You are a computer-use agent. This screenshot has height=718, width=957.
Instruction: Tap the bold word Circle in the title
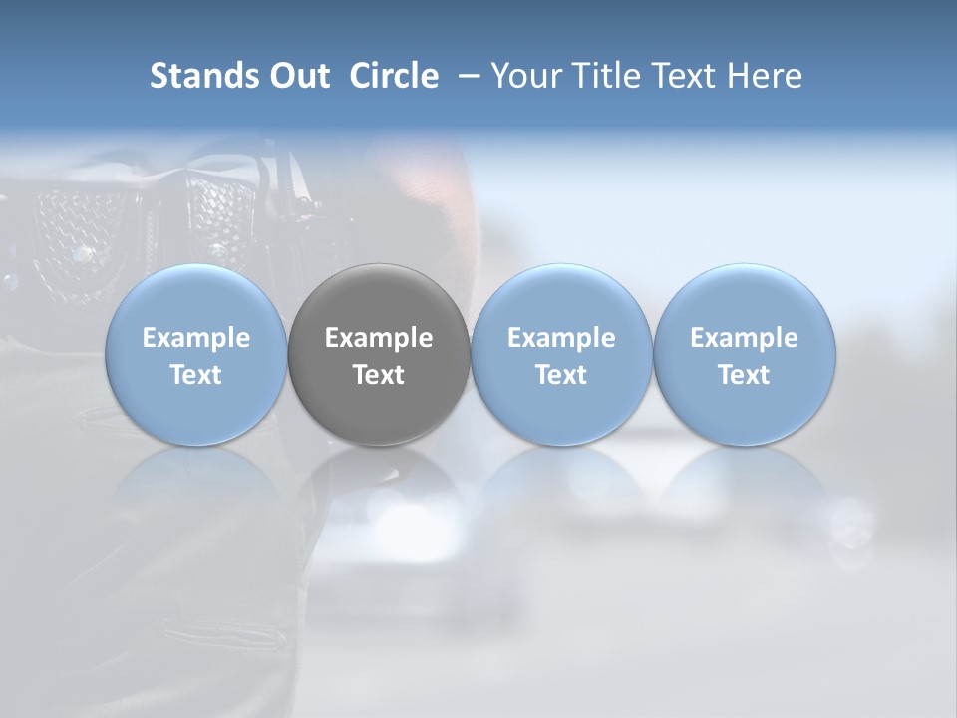394,76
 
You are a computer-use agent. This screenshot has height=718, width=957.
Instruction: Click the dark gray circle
379,354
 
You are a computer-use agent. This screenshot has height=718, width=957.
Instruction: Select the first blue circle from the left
196,354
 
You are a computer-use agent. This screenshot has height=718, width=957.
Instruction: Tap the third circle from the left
561,354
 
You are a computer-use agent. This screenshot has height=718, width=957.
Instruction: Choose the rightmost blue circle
744,354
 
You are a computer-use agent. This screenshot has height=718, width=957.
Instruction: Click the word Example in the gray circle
379,338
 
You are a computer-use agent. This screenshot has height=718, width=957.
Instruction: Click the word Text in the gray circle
379,375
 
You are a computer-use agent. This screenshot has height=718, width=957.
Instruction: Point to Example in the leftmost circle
196,338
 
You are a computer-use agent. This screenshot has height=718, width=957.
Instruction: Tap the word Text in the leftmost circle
196,375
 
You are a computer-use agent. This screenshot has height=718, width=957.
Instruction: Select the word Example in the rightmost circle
744,338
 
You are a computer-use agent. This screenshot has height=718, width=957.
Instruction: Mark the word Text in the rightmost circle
744,375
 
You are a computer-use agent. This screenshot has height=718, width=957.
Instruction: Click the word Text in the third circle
561,375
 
